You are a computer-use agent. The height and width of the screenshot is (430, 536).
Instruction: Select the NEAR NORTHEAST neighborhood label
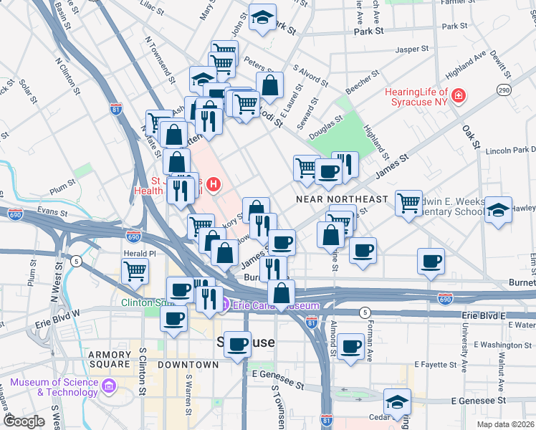tap(342, 199)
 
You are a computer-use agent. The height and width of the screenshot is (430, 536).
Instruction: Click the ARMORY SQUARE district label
tap(110, 355)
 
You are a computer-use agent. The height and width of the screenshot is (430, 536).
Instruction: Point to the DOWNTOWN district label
tap(188, 365)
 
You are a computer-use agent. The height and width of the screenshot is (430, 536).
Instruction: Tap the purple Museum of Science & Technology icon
tap(108, 387)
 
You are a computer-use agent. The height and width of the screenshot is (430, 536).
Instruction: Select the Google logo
tap(24, 421)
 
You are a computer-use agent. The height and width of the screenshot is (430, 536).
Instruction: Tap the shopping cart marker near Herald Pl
tap(135, 271)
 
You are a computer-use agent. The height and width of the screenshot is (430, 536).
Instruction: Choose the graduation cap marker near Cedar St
tap(397, 403)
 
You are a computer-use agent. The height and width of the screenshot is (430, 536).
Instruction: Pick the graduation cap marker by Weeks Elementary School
tap(498, 210)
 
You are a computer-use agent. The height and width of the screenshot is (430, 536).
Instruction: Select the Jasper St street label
tap(412, 49)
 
